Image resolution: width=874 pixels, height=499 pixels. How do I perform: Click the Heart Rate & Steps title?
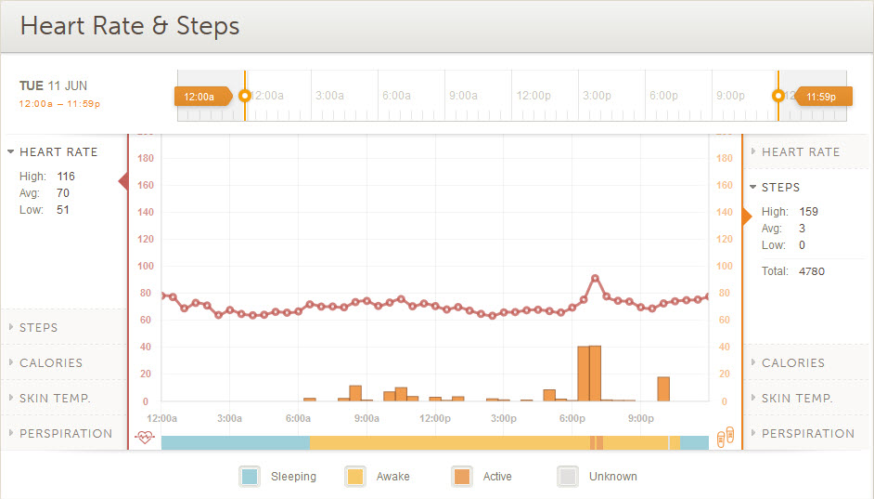[x=130, y=26]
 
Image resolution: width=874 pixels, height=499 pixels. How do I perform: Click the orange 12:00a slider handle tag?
[x=201, y=96]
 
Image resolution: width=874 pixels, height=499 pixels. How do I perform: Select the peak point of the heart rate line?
[x=595, y=278]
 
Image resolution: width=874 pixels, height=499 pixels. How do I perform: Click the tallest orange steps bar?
[x=595, y=373]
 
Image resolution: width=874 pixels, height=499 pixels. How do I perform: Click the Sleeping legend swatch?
[x=250, y=477]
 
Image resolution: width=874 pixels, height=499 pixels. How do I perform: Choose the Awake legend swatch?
[x=355, y=477]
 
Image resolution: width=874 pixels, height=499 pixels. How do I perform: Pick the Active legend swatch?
[x=462, y=477]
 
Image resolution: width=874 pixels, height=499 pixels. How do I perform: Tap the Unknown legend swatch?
[x=568, y=477]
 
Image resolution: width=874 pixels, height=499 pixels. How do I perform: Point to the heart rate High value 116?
[x=66, y=176]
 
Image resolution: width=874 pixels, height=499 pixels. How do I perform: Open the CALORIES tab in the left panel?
[x=51, y=362]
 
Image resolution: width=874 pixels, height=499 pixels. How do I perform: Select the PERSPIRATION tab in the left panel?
[x=65, y=433]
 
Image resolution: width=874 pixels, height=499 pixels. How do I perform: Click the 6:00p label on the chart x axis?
[x=572, y=418]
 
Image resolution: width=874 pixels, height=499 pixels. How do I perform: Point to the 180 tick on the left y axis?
[x=146, y=158]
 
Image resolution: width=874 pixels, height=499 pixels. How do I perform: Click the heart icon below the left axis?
[x=144, y=437]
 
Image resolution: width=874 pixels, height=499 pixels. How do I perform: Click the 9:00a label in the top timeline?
[x=463, y=96]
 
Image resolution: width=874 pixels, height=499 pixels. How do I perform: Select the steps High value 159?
[x=809, y=211]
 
